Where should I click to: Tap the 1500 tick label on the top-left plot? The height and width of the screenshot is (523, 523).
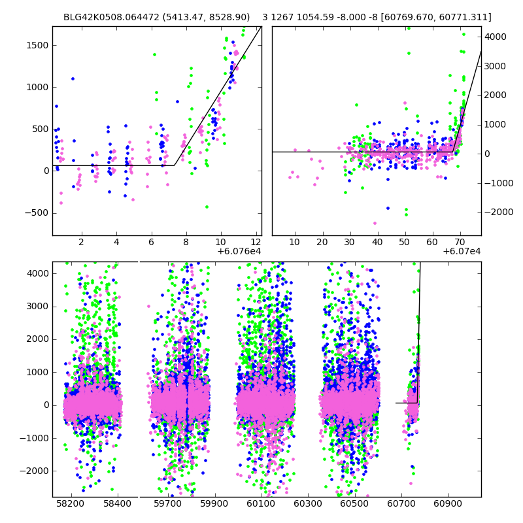(x=36, y=45)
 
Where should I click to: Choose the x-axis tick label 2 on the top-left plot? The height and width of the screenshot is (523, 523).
(x=81, y=243)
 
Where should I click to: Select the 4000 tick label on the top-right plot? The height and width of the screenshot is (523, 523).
(x=495, y=37)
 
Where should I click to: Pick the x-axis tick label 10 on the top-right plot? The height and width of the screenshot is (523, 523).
(x=295, y=243)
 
